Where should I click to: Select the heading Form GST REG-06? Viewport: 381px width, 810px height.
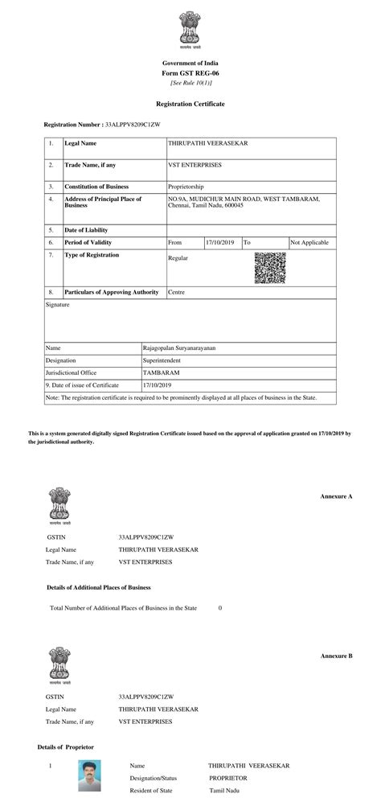click(x=190, y=73)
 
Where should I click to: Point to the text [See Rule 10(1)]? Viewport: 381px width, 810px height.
click(x=190, y=83)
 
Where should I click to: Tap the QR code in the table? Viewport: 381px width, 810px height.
click(x=270, y=268)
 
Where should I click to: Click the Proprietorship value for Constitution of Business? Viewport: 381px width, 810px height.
click(x=186, y=186)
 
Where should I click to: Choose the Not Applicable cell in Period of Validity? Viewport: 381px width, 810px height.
click(x=309, y=242)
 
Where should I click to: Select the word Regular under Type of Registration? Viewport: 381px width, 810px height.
click(x=177, y=259)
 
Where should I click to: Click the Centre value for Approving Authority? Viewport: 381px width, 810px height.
click(x=176, y=292)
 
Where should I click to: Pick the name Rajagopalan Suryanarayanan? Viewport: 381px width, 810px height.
click(x=184, y=348)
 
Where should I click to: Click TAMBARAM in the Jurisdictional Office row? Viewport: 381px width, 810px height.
click(x=160, y=374)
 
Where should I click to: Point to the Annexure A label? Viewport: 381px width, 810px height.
click(x=336, y=496)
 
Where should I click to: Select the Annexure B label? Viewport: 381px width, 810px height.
click(x=336, y=656)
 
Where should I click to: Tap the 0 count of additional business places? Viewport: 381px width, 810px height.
click(x=220, y=608)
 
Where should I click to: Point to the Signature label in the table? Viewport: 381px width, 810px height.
click(x=58, y=306)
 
